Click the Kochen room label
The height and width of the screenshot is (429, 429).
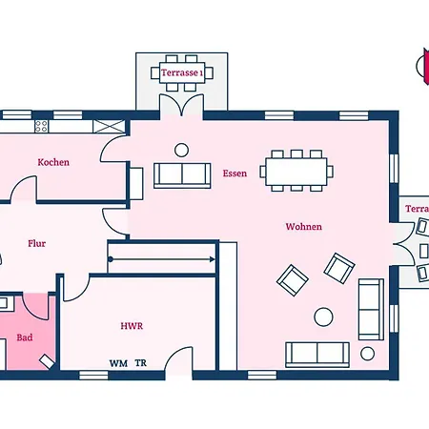tap(53, 162)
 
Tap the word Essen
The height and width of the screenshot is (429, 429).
tap(235, 174)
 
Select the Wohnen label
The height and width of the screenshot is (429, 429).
tap(303, 227)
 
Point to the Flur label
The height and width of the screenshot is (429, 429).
tap(37, 244)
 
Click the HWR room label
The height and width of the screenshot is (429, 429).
tap(132, 326)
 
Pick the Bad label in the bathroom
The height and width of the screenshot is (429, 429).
tap(25, 337)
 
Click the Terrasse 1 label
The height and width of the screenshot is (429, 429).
tap(182, 72)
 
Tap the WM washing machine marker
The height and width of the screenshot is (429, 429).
tap(118, 363)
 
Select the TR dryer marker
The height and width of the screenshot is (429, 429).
tap(141, 363)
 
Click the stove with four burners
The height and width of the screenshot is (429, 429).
tap(42, 126)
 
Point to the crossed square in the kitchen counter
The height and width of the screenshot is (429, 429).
tap(109, 126)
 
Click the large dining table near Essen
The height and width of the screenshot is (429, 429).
tap(296, 172)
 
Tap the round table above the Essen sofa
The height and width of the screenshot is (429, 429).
tap(181, 150)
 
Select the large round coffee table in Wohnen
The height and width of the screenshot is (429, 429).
tap(323, 317)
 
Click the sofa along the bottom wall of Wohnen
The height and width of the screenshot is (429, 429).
tap(317, 355)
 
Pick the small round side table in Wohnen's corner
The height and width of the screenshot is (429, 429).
tap(367, 354)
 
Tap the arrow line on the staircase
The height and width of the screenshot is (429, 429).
tap(162, 259)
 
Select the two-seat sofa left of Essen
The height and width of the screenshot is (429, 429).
tap(182, 175)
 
